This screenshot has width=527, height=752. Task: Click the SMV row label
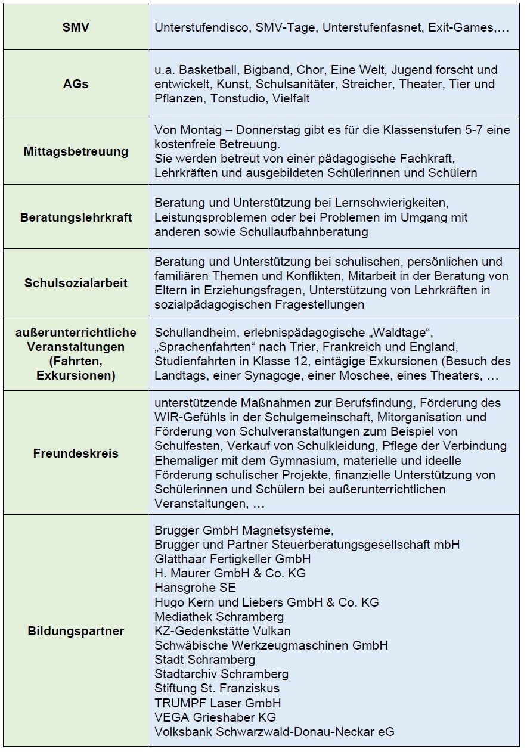click(76, 27)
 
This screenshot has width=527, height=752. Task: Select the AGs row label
click(76, 84)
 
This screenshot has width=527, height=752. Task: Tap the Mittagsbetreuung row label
click(76, 151)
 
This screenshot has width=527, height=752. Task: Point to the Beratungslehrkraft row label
click(76, 217)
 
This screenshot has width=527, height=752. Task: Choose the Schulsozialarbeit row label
click(76, 283)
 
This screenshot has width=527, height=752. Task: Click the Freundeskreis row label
click(76, 453)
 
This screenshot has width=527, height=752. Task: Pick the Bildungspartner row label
click(76, 631)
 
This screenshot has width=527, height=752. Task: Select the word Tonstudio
click(239, 98)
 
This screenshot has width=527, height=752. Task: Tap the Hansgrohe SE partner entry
click(187, 588)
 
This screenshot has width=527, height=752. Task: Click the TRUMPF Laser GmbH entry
click(217, 703)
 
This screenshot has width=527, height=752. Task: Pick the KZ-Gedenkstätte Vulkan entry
click(222, 630)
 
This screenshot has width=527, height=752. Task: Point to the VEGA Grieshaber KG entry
click(215, 717)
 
